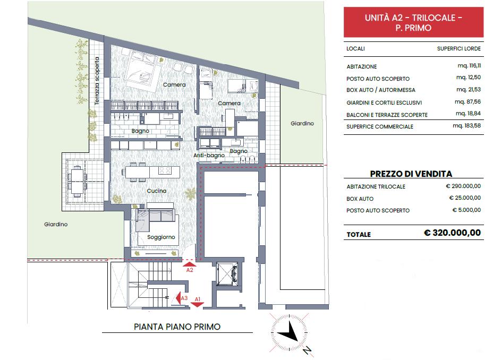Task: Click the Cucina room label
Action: (x=157, y=191)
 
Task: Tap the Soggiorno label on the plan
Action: (x=161, y=237)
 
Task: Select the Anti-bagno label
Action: (x=209, y=156)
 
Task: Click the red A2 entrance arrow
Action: (x=190, y=263)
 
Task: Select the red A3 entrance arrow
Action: (x=179, y=299)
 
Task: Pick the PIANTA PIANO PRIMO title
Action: (x=177, y=327)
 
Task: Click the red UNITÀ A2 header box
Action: (x=413, y=23)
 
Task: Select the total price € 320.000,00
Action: (x=452, y=233)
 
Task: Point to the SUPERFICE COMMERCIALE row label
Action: (x=380, y=127)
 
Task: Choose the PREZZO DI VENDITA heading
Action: (x=411, y=174)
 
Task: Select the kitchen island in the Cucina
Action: (x=151, y=172)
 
